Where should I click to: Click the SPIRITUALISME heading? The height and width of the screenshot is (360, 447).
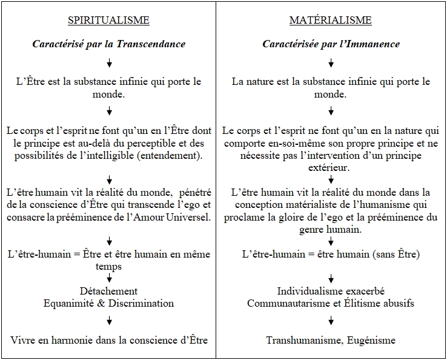click(x=108, y=21)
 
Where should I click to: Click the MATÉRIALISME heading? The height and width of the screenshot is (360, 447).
click(x=330, y=21)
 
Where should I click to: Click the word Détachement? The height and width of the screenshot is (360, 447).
click(x=108, y=292)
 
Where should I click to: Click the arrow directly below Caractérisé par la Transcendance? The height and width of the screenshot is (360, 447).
click(x=109, y=63)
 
